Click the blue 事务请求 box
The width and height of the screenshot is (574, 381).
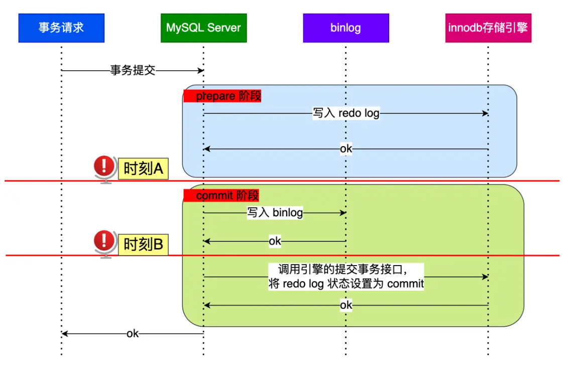point(61,28)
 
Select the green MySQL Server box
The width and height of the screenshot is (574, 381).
point(203,28)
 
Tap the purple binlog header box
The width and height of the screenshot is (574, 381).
point(346,28)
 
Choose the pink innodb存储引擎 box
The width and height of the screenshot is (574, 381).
point(488,28)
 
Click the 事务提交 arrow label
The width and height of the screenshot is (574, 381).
point(133,71)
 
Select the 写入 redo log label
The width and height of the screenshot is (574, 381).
point(346,113)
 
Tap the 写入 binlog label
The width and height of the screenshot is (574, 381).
point(275,213)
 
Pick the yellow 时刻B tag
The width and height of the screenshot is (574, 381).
point(144,244)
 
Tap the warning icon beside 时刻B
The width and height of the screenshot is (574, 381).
point(104,241)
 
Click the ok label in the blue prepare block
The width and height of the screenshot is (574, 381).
point(346,149)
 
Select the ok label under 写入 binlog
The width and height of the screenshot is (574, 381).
point(275,241)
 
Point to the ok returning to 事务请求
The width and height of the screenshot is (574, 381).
point(133,334)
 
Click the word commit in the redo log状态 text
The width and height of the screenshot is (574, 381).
point(405,284)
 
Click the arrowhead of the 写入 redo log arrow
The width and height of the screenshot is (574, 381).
point(486,113)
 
